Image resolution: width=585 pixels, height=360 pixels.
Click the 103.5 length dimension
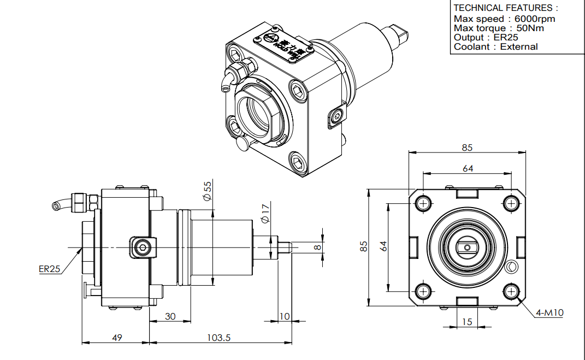(219, 338)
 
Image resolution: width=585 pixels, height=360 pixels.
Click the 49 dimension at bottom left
(117, 338)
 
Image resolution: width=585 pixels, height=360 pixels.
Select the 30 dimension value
(170, 316)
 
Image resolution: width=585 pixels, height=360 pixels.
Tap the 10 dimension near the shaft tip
(285, 316)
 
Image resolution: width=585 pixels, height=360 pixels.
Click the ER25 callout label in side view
(50, 269)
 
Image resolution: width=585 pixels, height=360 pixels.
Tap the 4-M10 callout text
(549, 313)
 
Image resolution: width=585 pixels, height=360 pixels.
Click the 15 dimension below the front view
(466, 322)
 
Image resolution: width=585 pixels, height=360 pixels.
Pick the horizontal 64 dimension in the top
(468, 169)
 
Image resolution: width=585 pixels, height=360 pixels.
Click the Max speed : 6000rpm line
(504, 19)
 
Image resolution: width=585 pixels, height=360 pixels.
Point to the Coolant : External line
(495, 46)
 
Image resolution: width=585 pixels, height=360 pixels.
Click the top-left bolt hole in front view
(424, 203)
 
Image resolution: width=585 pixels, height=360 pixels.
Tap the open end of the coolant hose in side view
(55, 206)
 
